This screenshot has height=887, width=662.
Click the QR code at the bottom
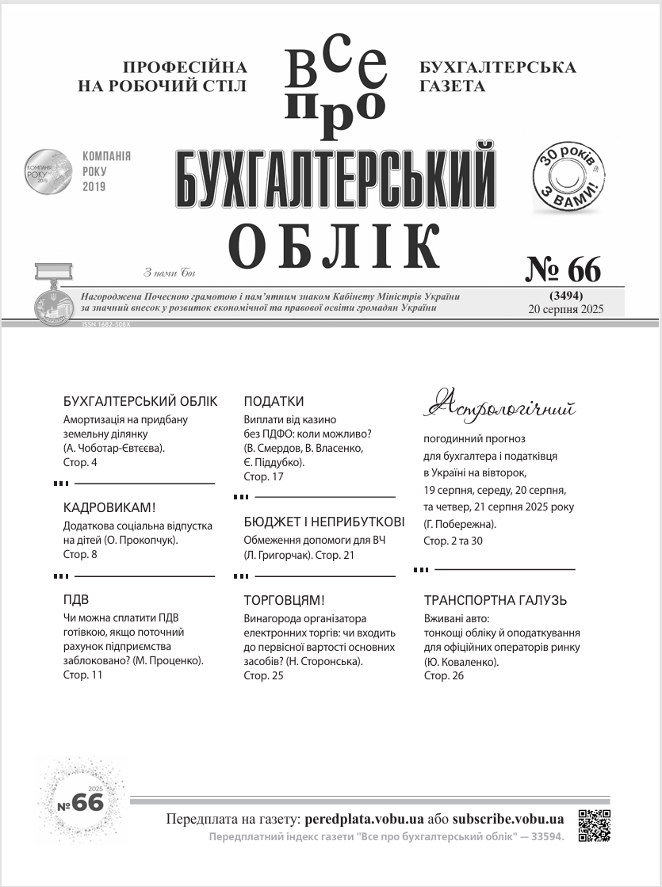594,825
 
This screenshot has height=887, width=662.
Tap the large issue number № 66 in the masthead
564,270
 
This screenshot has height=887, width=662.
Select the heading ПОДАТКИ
274,401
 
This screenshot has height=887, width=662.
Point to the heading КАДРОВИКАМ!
109,507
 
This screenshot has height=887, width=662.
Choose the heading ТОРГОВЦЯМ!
284,600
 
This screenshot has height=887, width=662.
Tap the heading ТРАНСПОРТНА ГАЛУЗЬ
496,600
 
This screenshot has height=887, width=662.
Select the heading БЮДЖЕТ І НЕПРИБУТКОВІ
323,522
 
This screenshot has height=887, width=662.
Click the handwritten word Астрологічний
499,405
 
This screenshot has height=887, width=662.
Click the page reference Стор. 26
444,675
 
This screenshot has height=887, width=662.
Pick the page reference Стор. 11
82,675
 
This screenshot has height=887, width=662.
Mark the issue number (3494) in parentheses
566,296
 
